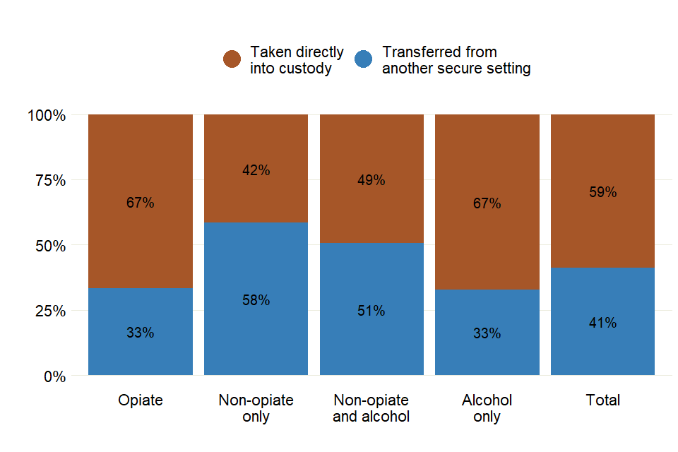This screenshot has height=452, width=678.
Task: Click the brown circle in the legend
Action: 232,59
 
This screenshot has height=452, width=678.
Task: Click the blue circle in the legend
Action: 363,59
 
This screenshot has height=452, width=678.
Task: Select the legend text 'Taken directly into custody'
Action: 297,61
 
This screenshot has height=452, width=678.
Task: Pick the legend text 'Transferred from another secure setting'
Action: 456,61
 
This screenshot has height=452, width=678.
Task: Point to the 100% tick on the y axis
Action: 47,115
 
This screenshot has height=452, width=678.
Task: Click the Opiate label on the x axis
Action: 140,400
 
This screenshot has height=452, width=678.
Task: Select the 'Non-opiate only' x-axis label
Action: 256,408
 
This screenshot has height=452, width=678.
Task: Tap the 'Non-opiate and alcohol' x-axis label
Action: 371,408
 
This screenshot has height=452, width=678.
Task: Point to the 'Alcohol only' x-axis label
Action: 487,408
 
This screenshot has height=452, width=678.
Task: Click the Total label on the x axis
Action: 602,400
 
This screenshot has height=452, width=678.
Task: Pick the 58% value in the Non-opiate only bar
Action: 256,300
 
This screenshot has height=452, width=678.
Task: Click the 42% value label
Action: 256,170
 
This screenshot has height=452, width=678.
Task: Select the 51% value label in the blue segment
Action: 371,311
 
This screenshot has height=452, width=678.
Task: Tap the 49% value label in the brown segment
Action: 371,180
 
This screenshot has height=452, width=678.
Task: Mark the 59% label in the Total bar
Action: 602,192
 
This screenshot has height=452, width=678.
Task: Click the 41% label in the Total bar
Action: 602,323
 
